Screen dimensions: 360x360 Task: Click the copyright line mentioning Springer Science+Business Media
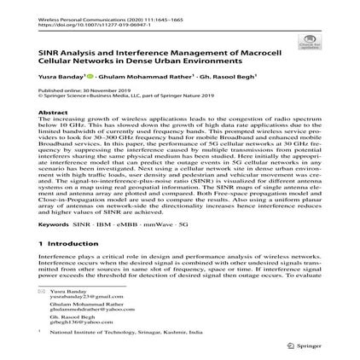pos(128,96)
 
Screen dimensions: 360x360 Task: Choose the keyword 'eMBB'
pos(129,224)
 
